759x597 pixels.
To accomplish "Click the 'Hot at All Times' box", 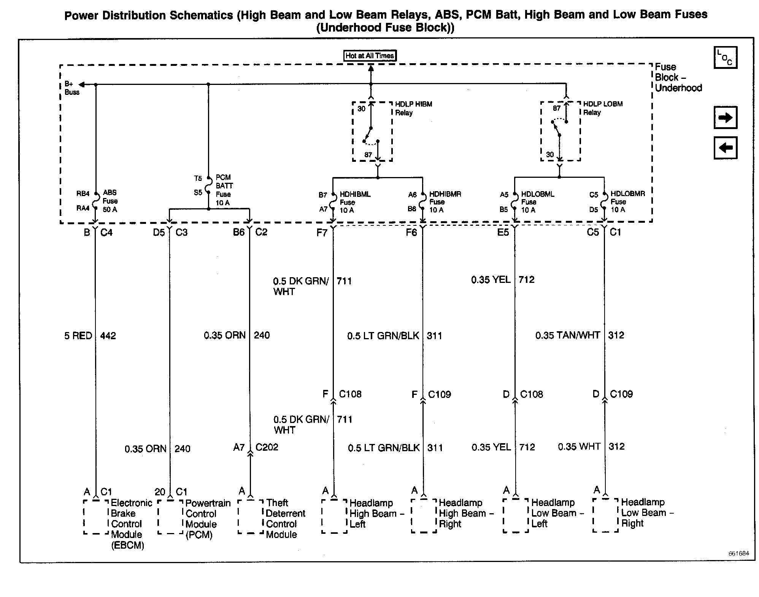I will coord(370,56).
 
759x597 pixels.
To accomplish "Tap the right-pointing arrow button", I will coord(725,118).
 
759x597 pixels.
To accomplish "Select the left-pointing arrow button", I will coord(725,148).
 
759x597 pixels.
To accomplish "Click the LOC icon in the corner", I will coord(725,57).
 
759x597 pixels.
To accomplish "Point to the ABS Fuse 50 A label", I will coord(110,201).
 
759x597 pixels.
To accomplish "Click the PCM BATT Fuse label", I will coord(224,190).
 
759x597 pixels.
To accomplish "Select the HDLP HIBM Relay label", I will coord(413,108).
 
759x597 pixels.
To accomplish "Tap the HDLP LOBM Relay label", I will coord(603,108).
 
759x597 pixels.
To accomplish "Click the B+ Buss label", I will coord(71,88).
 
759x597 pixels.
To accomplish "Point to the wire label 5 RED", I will coord(78,336).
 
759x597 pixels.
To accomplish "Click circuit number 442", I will coord(108,336).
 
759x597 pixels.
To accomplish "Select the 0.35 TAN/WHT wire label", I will coord(567,335).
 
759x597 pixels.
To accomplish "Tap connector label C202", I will coord(267,447).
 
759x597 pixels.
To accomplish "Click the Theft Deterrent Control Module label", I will coord(285,519).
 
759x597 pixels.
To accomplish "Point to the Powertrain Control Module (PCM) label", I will coord(208,519).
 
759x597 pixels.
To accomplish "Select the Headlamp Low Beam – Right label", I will coord(646,513).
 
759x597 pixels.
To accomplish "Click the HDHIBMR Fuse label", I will coord(445,202).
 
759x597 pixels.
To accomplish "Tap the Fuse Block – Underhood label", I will coord(678,77).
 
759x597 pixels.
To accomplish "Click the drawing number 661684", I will coord(738,554).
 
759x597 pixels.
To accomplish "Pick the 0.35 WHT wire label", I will coord(579,447).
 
